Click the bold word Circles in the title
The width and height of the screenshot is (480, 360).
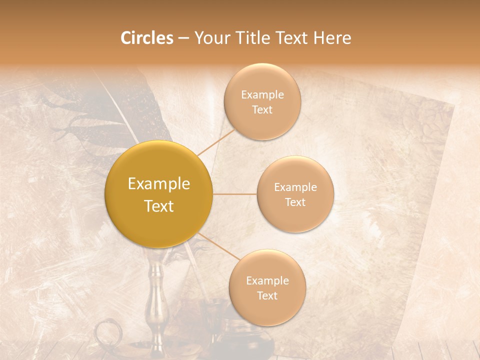(x=146, y=38)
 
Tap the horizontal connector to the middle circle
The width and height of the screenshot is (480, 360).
(x=235, y=194)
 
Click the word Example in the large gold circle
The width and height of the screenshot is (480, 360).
(x=159, y=184)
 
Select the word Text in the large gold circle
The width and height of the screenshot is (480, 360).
(x=159, y=206)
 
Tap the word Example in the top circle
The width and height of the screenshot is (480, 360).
(x=262, y=94)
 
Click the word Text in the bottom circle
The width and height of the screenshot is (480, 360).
(x=267, y=295)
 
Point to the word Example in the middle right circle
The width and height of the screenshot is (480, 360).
(x=295, y=187)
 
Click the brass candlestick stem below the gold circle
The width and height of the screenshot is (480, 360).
(x=156, y=295)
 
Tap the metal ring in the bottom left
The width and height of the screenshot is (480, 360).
(x=107, y=333)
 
